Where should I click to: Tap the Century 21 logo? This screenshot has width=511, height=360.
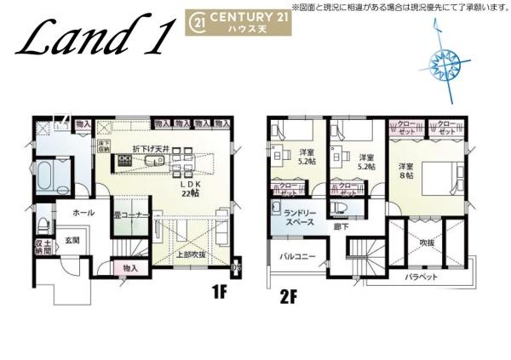point(238,21)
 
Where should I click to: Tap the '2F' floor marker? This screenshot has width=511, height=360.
point(290,297)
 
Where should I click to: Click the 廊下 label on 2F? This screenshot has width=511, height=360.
point(341,226)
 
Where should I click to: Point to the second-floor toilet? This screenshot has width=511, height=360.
point(342,209)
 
